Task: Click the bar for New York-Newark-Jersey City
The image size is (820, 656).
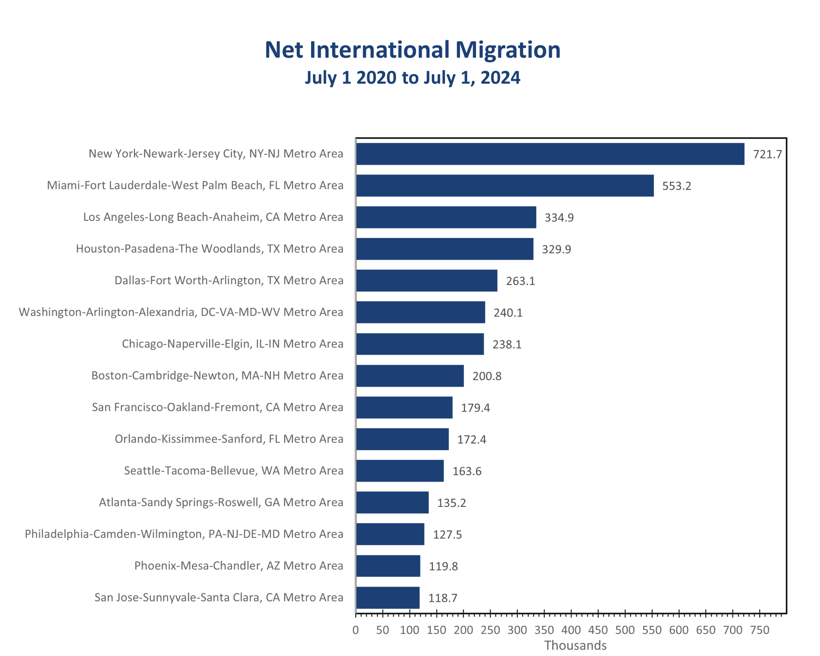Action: (550, 154)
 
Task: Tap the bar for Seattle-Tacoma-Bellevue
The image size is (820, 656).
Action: (400, 471)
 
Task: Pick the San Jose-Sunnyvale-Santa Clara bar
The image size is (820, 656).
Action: (388, 597)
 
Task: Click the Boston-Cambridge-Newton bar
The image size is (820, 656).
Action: (410, 376)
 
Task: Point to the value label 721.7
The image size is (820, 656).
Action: (767, 154)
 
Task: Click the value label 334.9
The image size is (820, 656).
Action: (559, 217)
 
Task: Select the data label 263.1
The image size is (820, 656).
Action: (520, 281)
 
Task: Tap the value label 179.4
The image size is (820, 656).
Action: (475, 408)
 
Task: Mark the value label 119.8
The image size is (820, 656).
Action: (443, 566)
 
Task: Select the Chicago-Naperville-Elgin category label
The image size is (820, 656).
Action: (232, 344)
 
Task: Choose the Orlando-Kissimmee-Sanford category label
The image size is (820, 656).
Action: (229, 439)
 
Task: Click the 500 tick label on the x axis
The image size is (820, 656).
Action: (625, 630)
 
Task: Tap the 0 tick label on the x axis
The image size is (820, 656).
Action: (355, 630)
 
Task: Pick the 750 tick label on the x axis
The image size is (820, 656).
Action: (759, 630)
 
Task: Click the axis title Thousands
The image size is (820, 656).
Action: (575, 645)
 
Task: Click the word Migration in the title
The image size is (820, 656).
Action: (507, 50)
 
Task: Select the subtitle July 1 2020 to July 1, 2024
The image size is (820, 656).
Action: (412, 77)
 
